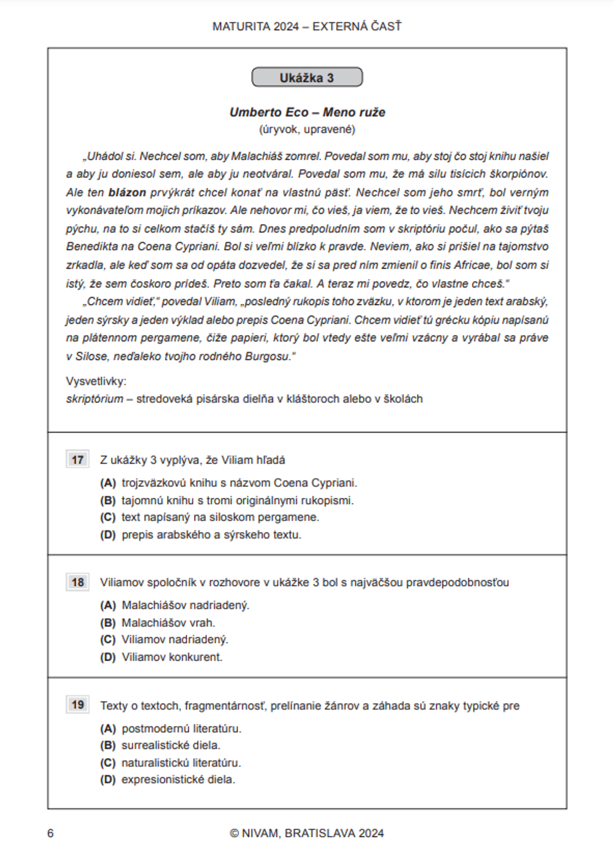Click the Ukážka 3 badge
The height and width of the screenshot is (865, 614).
(x=307, y=77)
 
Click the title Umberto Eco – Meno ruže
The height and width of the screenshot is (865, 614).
(x=307, y=112)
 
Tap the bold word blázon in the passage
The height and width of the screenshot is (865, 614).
(x=127, y=192)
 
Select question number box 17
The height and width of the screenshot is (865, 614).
(x=77, y=460)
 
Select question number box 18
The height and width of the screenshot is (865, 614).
(x=77, y=582)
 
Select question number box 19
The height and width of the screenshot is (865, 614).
(x=77, y=705)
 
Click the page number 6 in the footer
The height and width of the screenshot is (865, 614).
(x=50, y=833)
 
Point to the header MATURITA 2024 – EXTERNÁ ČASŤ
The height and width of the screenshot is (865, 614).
(x=307, y=26)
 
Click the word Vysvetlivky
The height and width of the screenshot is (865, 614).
(x=96, y=381)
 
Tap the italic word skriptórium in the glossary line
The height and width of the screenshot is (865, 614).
(x=95, y=399)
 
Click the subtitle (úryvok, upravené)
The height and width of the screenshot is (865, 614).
(x=307, y=130)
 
